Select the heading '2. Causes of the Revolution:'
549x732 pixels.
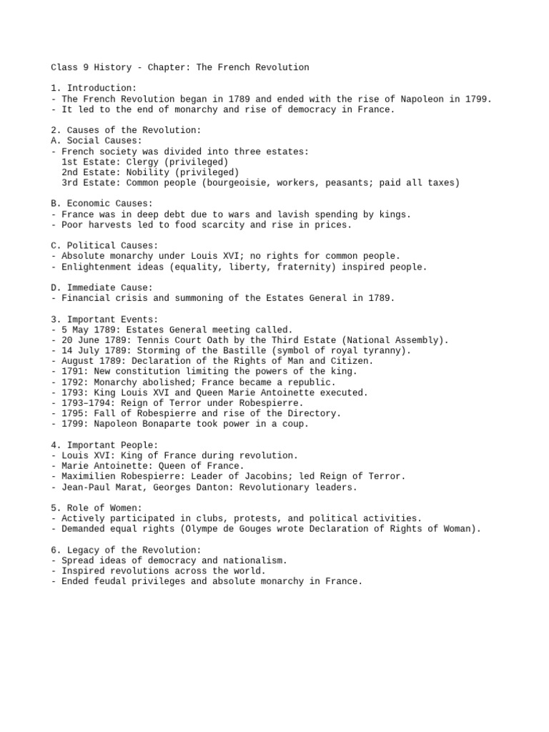(126, 130)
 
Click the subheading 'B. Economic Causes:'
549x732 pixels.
(102, 204)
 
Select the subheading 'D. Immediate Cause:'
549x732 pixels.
(102, 287)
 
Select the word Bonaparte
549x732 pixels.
(159, 424)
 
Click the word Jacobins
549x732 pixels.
(258, 476)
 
